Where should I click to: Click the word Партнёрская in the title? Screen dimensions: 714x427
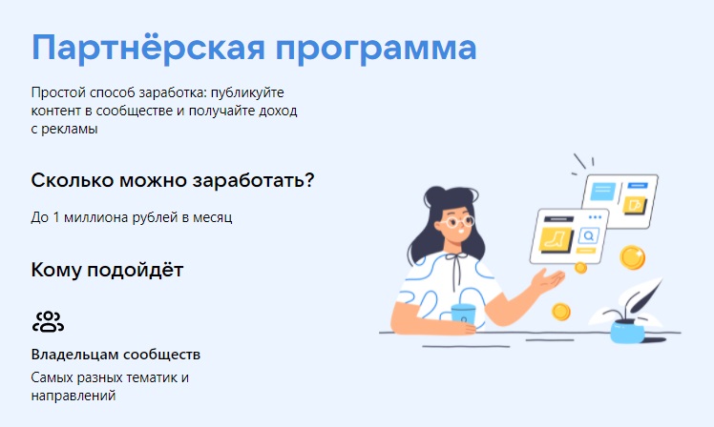point(148,48)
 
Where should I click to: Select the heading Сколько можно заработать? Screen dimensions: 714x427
point(173,180)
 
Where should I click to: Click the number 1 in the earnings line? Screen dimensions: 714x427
point(56,217)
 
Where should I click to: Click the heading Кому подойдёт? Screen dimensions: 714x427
point(107,270)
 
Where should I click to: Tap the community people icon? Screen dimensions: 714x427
point(48,321)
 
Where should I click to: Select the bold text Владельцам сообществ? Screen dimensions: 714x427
point(115,355)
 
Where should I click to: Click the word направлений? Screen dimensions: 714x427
point(73,396)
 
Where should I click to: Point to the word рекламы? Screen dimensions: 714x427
point(70,129)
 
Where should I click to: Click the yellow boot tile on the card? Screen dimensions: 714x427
point(556,239)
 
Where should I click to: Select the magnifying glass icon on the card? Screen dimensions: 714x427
point(589,236)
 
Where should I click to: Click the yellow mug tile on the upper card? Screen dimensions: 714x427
point(635,206)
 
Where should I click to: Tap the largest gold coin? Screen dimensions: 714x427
point(632,257)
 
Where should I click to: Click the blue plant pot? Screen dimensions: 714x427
point(627,331)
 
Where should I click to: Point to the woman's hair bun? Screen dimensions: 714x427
point(435,195)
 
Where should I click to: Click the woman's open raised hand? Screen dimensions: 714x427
point(548,279)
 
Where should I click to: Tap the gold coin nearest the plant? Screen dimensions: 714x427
point(561,312)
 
